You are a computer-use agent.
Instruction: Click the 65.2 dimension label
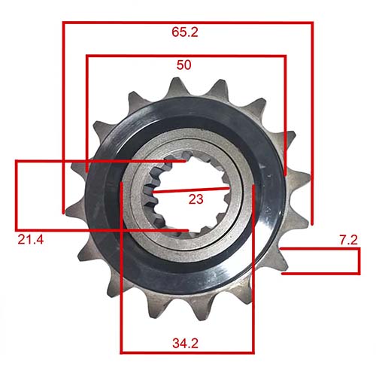[184, 33]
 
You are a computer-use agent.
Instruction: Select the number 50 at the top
[183, 65]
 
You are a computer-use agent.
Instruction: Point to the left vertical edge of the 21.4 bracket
[16, 194]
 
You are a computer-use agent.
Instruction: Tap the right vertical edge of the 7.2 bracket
[359, 262]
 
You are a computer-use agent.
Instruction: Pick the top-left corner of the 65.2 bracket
[63, 23]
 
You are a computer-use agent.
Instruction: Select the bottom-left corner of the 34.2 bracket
[122, 352]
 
